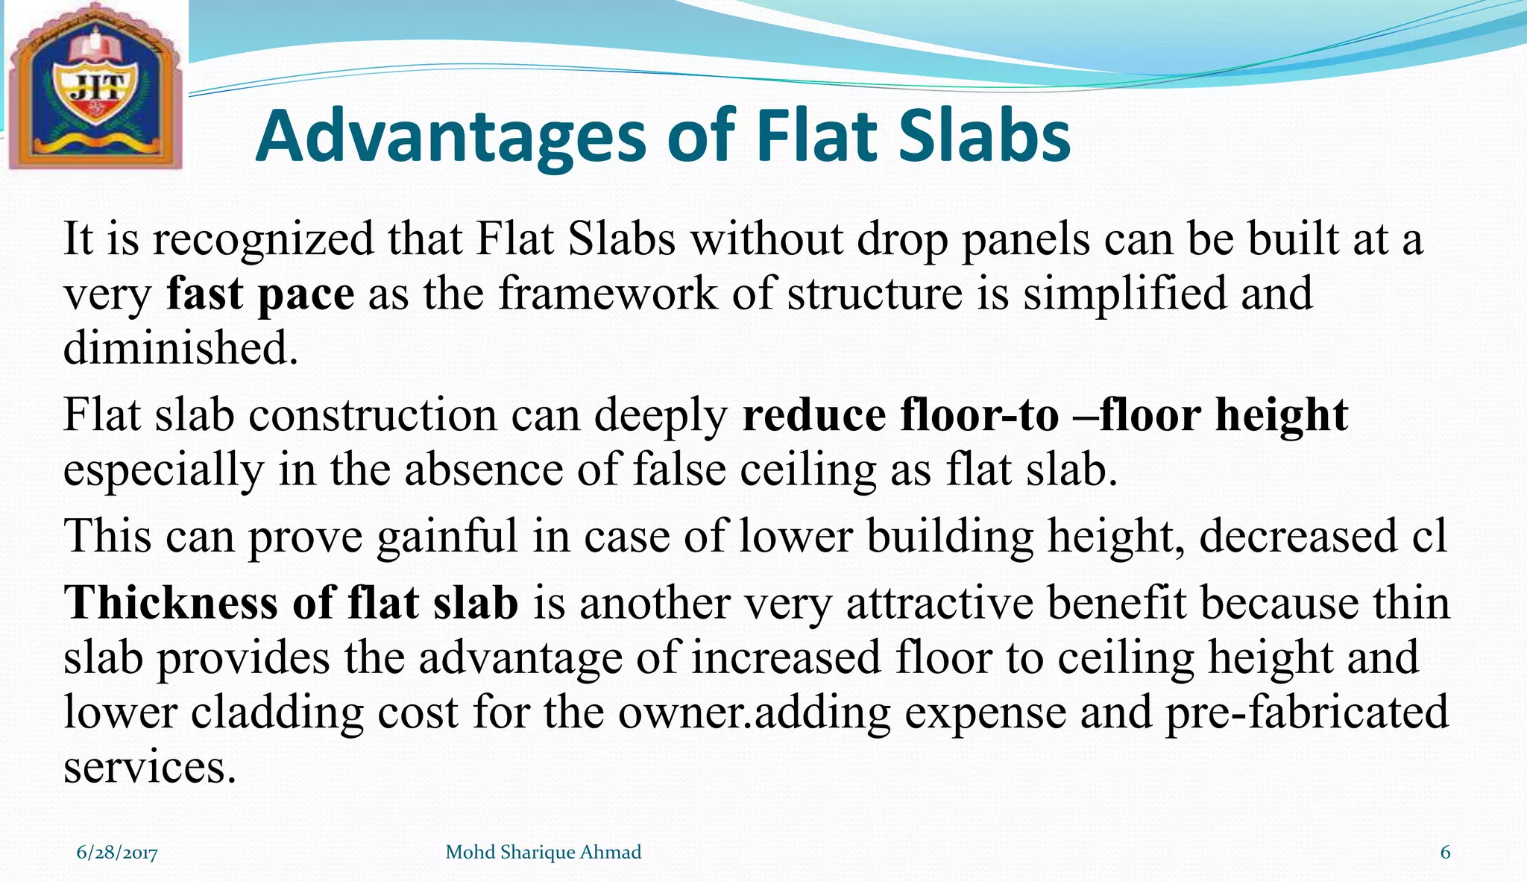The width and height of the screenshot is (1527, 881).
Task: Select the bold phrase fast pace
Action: click(260, 294)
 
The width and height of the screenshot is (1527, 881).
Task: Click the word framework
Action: click(608, 294)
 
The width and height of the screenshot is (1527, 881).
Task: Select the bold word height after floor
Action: click(1281, 415)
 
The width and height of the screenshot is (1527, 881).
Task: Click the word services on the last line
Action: click(149, 768)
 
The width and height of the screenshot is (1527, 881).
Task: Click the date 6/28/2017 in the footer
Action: click(117, 853)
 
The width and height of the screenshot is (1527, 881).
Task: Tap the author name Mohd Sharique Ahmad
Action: click(543, 853)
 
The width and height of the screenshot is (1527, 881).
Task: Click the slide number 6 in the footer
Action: click(1445, 853)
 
